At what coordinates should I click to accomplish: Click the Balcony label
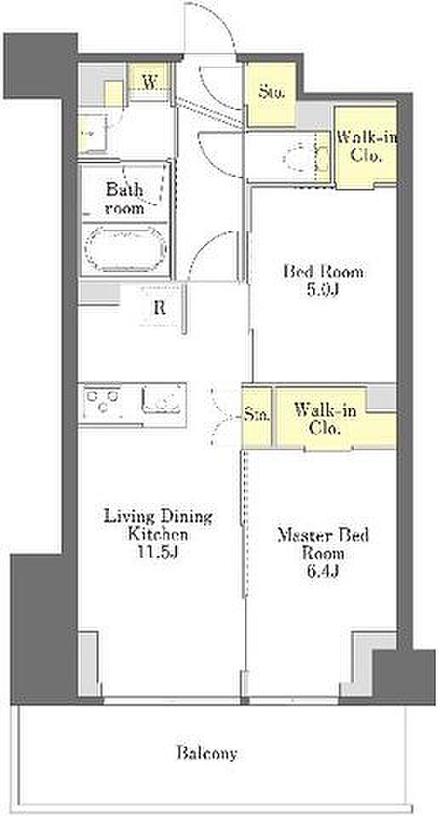click(207, 752)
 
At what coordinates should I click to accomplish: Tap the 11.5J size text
click(158, 551)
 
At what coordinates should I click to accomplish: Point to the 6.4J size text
click(323, 571)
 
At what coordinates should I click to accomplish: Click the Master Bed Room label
click(323, 544)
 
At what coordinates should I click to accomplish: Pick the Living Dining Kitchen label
click(158, 525)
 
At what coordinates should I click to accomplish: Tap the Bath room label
click(124, 198)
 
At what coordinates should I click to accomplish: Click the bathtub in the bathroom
click(126, 248)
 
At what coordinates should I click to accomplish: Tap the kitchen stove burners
click(103, 402)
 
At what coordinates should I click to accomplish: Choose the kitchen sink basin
click(163, 400)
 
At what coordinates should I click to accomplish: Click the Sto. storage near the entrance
click(271, 94)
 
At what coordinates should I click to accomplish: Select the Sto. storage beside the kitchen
click(257, 416)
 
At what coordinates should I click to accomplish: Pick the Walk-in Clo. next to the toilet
click(366, 147)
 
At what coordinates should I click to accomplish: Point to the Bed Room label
click(323, 272)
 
